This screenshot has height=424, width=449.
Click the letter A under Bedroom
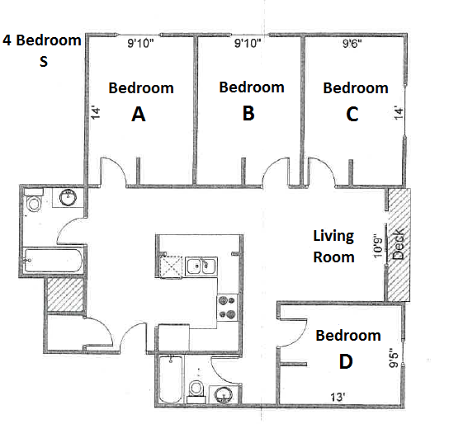(x=139, y=115)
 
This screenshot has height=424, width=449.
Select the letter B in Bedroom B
(x=248, y=114)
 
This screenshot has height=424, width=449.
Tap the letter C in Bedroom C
(x=352, y=115)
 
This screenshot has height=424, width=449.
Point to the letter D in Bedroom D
(x=347, y=362)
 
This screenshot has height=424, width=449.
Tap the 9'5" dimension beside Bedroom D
(x=395, y=361)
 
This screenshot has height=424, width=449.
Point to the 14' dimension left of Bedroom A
(x=95, y=114)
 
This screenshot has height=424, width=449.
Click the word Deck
(x=399, y=246)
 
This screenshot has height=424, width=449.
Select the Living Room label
(x=333, y=246)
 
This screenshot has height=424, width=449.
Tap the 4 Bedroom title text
(x=42, y=40)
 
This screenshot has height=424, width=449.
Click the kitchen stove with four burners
(x=227, y=307)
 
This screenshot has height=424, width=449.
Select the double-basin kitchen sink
(x=198, y=266)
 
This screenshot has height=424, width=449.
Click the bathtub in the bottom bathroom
(x=169, y=379)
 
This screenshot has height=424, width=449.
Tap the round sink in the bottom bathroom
(x=224, y=395)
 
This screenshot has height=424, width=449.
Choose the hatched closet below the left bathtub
(x=65, y=294)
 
